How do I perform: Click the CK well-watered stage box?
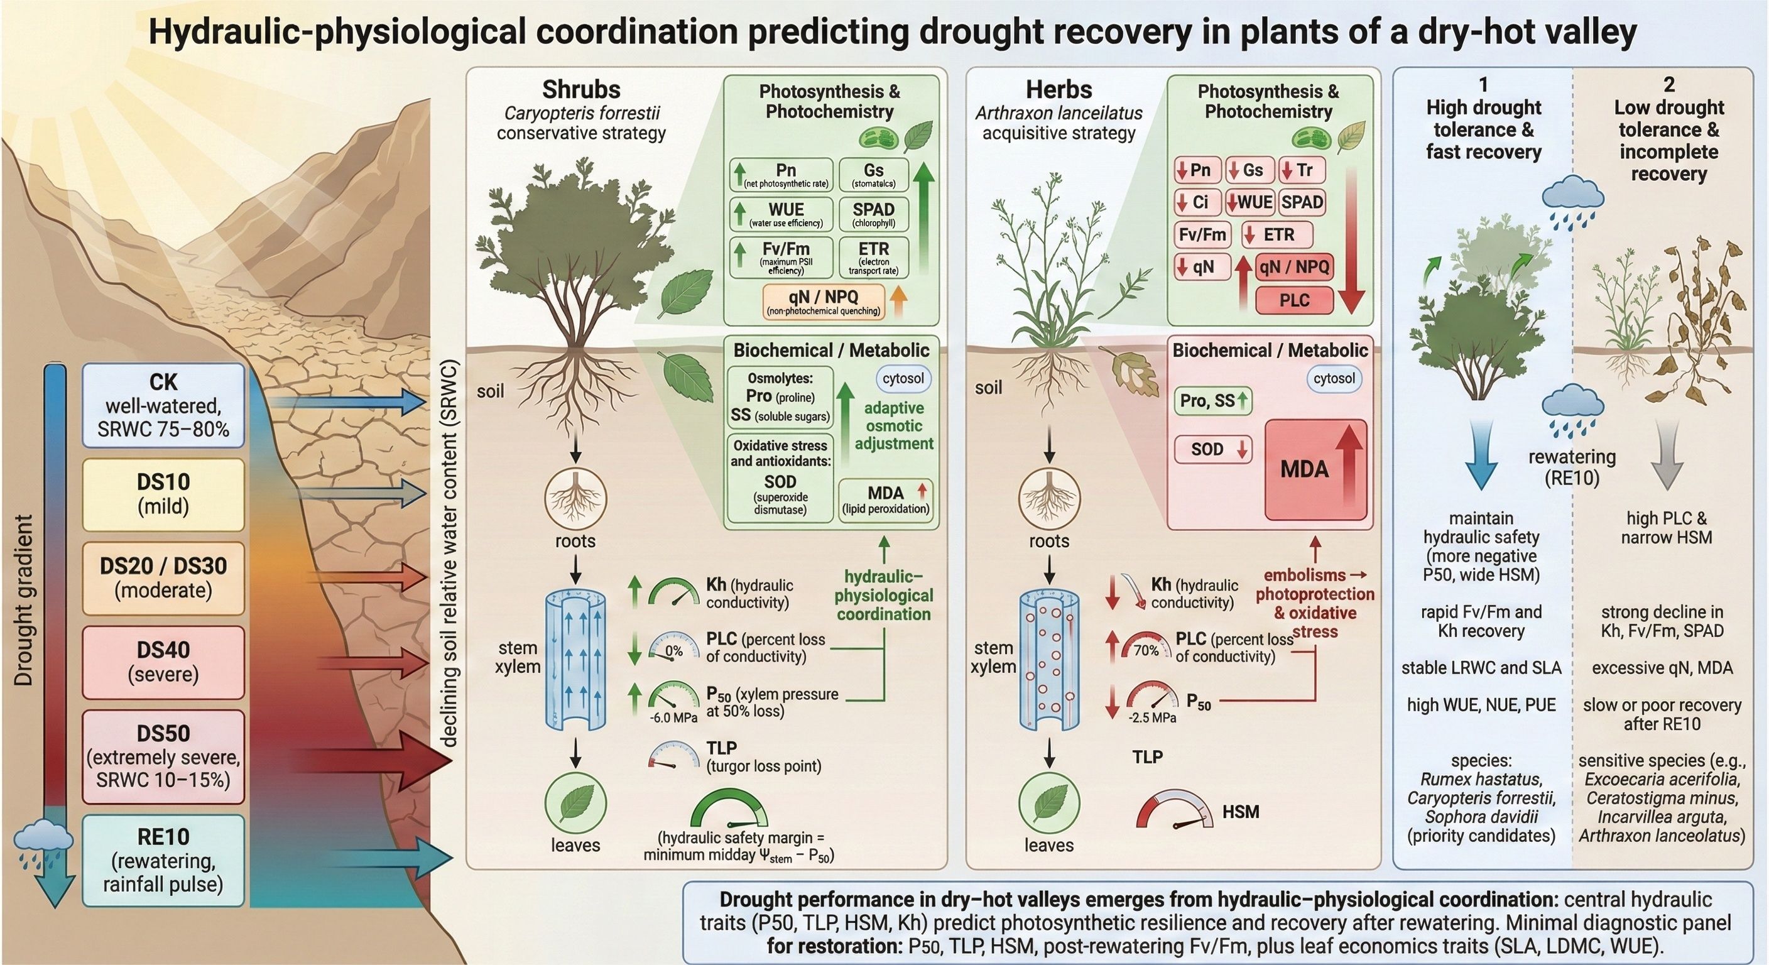(x=163, y=405)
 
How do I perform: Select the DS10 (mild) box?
(x=163, y=494)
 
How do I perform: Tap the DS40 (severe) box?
(x=163, y=662)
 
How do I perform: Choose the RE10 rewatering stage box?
(x=163, y=860)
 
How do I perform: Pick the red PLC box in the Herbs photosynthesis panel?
(x=1295, y=300)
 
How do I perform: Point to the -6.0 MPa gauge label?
(x=673, y=717)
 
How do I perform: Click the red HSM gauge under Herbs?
(x=1175, y=811)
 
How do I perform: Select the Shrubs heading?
(x=581, y=90)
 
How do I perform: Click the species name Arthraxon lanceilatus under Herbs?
(x=1059, y=113)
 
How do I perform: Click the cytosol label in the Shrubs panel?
(x=903, y=378)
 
